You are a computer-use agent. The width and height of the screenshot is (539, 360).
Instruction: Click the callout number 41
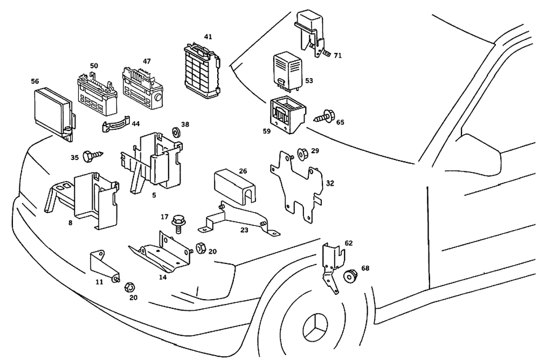pos(208,37)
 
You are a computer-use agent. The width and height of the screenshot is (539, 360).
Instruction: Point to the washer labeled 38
pos(175,131)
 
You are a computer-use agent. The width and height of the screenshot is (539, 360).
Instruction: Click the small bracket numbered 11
pos(104,266)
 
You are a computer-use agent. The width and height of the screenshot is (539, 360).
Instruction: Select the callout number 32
pos(330,183)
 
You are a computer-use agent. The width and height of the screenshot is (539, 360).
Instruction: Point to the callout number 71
pos(337,56)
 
